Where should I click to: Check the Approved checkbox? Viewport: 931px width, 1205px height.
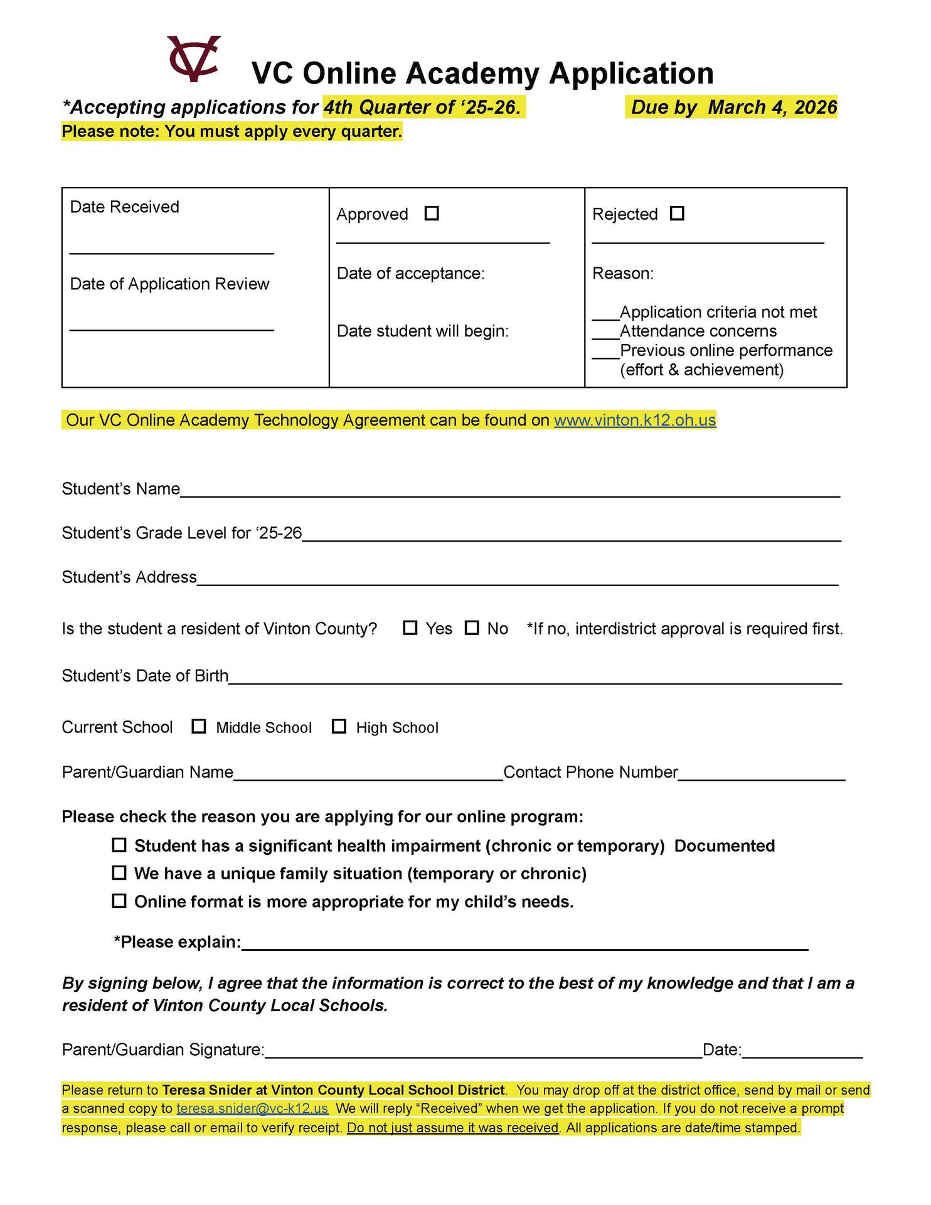tap(432, 213)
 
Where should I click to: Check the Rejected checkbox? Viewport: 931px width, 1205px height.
tap(677, 213)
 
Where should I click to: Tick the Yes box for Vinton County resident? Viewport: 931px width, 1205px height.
tap(410, 628)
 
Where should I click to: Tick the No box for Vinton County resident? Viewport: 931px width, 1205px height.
tap(472, 628)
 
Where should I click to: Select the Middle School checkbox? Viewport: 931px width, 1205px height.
tap(199, 726)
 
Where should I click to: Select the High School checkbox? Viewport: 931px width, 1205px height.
tap(339, 726)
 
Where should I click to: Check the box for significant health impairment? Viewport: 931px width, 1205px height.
tap(119, 845)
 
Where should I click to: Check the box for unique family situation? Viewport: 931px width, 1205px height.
tap(119, 872)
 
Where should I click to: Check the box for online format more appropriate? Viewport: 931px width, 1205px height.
tap(119, 901)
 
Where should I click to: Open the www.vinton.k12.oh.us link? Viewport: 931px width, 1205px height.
tap(634, 420)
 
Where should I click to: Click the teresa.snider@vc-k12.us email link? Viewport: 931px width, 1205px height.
tap(252, 1108)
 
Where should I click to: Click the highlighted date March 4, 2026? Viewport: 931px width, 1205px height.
tap(772, 107)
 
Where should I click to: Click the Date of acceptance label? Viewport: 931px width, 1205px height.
tap(410, 273)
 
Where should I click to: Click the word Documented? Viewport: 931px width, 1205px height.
tap(724, 845)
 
